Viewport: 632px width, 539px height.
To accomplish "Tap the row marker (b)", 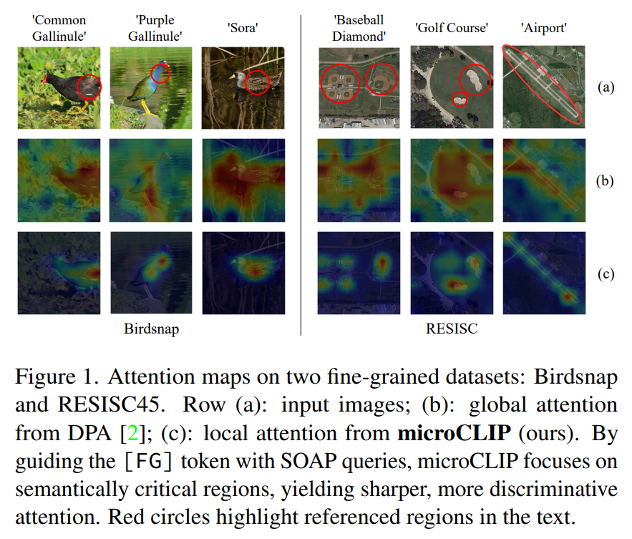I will pos(606,180).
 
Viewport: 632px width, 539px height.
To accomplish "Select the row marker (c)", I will pos(606,273).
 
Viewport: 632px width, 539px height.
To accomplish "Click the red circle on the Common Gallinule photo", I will pos(89,86).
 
